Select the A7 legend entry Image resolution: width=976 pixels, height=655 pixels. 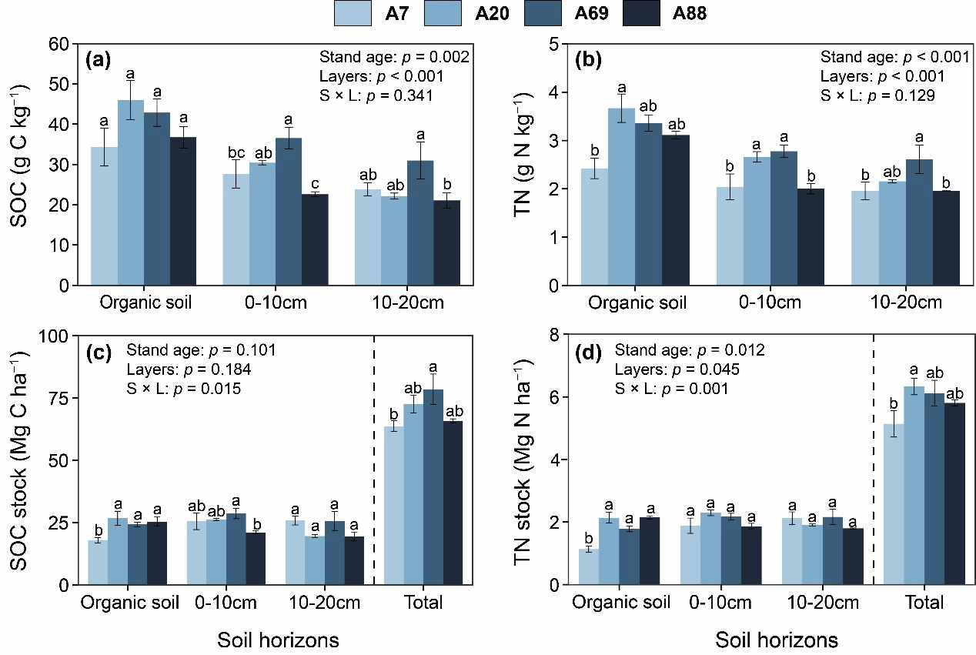tap(354, 13)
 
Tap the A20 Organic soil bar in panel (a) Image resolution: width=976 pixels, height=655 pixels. tap(131, 192)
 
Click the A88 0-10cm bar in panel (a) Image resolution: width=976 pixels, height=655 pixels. tap(315, 239)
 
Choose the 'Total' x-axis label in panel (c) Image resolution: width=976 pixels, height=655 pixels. tap(423, 603)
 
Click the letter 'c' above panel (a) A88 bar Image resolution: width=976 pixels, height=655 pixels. tap(316, 183)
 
